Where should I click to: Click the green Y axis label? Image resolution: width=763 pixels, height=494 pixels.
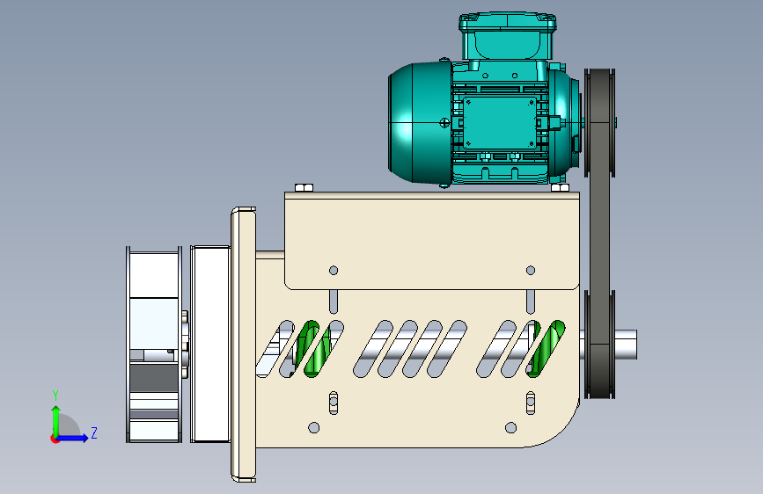55,396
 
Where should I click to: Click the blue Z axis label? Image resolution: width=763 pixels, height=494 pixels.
94,432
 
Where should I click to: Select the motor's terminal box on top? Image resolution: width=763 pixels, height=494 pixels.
508,37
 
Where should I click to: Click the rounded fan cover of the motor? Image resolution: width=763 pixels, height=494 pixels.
420,123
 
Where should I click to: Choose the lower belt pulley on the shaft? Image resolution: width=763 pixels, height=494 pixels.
599,345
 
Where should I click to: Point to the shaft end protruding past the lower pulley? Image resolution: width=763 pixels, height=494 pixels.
627,345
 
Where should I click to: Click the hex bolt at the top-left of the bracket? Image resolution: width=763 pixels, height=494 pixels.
304,188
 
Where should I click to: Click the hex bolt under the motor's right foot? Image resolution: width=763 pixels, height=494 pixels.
560,188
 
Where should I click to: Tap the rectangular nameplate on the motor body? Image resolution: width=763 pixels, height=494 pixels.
500,122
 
